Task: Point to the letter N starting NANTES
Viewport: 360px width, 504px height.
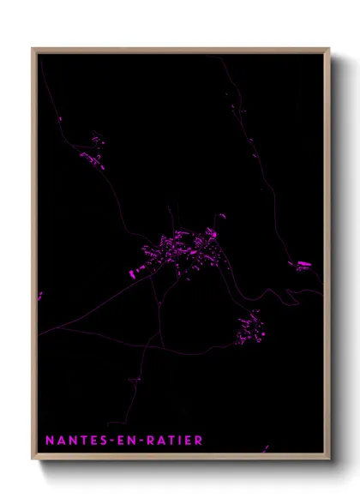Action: coord(49,441)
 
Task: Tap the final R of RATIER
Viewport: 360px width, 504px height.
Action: coord(199,441)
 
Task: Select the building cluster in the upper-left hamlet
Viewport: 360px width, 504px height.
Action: coord(93,151)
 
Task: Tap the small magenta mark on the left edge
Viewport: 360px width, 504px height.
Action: coord(40,296)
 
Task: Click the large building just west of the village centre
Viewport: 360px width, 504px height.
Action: coord(134,273)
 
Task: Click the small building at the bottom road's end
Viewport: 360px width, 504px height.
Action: coord(135,379)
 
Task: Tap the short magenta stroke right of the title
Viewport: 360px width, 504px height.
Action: coord(266,447)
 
